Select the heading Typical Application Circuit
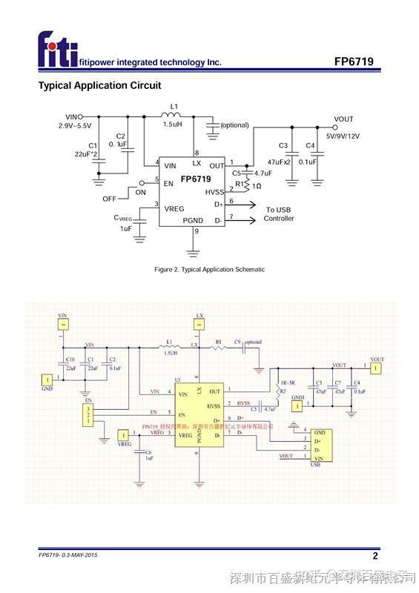[x=99, y=85]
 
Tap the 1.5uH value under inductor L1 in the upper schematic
[x=174, y=125]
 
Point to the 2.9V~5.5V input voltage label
[x=77, y=126]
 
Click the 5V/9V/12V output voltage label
[x=343, y=136]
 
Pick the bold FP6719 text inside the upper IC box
[x=196, y=179]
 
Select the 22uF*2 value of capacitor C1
[x=88, y=154]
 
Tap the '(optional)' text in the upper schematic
[x=234, y=125]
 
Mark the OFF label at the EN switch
[x=109, y=199]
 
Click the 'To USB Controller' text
[x=280, y=213]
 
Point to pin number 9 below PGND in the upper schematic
[x=196, y=232]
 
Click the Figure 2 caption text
[x=209, y=269]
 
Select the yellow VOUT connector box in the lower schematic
[x=377, y=368]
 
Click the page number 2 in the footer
[x=375, y=556]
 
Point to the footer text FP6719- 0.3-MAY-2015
[x=68, y=555]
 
